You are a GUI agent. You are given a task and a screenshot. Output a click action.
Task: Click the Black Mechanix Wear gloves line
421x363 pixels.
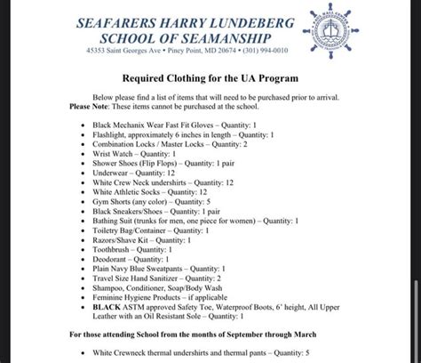tap(175, 125)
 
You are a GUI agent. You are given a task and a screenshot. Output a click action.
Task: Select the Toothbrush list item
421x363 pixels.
tap(132, 250)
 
